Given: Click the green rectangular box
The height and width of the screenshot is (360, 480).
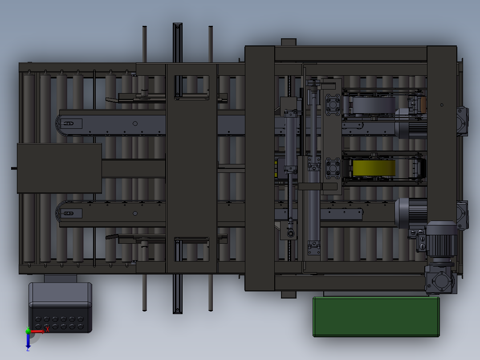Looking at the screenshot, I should (x=376, y=316).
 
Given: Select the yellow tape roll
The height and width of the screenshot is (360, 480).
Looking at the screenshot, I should (x=374, y=168).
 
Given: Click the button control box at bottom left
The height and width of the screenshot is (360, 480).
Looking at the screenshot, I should (x=60, y=307).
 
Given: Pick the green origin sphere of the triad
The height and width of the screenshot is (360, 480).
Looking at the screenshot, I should (x=28, y=331).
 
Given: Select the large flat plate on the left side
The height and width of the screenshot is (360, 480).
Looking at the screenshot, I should (x=59, y=168).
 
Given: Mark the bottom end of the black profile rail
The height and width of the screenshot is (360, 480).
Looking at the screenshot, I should (x=178, y=310).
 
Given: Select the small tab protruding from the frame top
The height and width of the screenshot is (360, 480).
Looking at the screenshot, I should (x=289, y=42).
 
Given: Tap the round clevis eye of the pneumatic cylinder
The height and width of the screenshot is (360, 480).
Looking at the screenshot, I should (x=290, y=233).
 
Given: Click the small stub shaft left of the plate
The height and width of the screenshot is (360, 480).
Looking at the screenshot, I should (x=14, y=168).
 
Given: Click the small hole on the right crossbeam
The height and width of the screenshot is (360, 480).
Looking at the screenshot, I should (x=442, y=105).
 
